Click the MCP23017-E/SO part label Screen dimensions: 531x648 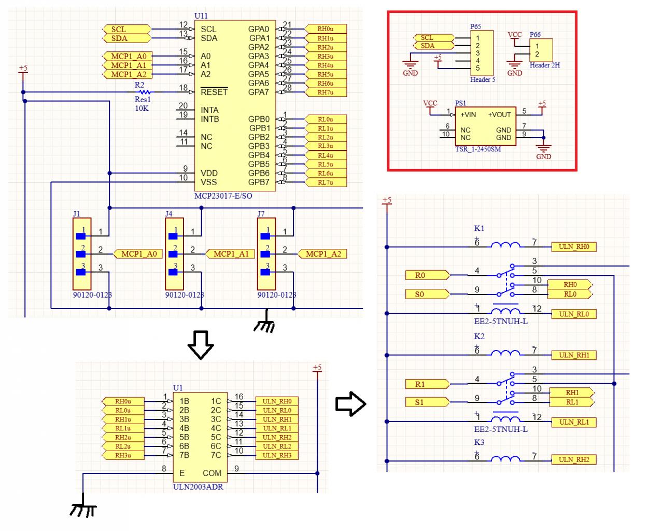click(x=223, y=196)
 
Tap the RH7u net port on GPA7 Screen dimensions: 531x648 click(x=325, y=92)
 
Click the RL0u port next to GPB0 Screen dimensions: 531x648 click(x=325, y=119)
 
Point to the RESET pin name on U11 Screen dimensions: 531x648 click(x=214, y=92)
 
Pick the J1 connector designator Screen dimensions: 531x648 click(x=77, y=214)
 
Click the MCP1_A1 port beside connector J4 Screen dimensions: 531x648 click(x=230, y=254)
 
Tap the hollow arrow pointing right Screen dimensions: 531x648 click(x=351, y=403)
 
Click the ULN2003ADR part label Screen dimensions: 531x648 click(x=199, y=487)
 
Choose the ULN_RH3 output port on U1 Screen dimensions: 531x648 click(x=277, y=455)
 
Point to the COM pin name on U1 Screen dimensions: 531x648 click(x=212, y=473)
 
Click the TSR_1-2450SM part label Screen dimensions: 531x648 click(x=478, y=149)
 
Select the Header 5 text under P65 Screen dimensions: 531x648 click(x=483, y=80)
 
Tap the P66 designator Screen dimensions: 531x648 click(x=535, y=35)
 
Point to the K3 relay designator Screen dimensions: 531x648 click(x=479, y=442)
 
